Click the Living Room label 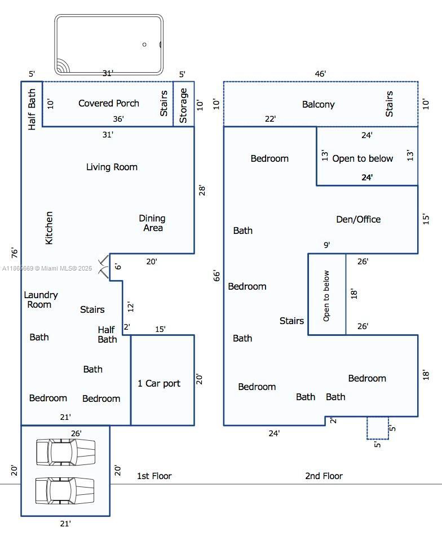[112, 167]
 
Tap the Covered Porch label [109, 103]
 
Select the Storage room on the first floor [183, 105]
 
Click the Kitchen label [49, 228]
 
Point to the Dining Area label [152, 223]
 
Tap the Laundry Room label [41, 299]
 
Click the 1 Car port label [159, 383]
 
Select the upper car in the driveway [65, 452]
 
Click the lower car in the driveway [65, 490]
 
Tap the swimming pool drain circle [144, 45]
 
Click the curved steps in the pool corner [61, 68]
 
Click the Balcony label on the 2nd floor [319, 104]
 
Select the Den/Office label [358, 219]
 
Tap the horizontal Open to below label [363, 158]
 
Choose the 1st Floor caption [154, 476]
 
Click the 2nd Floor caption [324, 476]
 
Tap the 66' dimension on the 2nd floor [217, 276]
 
